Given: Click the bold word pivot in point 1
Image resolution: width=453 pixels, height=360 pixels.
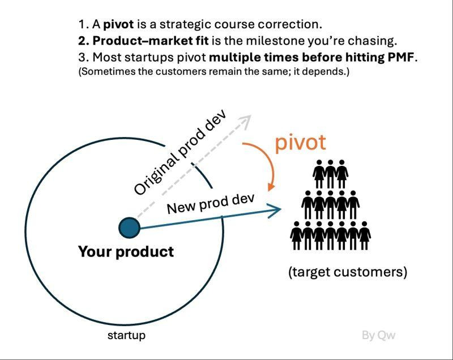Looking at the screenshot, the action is pyautogui.click(x=118, y=24).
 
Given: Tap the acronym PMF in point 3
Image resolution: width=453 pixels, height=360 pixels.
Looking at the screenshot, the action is pyautogui.click(x=401, y=57).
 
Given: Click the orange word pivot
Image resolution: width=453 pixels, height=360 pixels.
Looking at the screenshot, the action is pyautogui.click(x=301, y=143).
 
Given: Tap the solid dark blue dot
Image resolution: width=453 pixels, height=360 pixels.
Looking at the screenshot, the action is pyautogui.click(x=130, y=228).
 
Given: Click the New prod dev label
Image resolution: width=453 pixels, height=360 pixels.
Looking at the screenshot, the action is pyautogui.click(x=211, y=204).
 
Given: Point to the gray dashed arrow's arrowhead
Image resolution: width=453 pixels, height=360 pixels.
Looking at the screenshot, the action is pyautogui.click(x=246, y=119).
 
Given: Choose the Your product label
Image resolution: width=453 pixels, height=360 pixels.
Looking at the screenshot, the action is pyautogui.click(x=126, y=252).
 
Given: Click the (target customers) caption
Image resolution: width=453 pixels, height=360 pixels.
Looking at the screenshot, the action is pyautogui.click(x=348, y=272).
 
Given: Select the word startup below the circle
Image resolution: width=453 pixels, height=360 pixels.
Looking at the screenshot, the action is pyautogui.click(x=126, y=336).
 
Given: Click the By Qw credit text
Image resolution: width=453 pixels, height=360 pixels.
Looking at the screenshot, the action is pyautogui.click(x=378, y=335).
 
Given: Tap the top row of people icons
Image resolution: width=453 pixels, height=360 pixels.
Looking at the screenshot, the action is pyautogui.click(x=331, y=174).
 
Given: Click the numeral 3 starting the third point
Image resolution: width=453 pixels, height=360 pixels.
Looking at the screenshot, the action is pyautogui.click(x=82, y=57).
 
